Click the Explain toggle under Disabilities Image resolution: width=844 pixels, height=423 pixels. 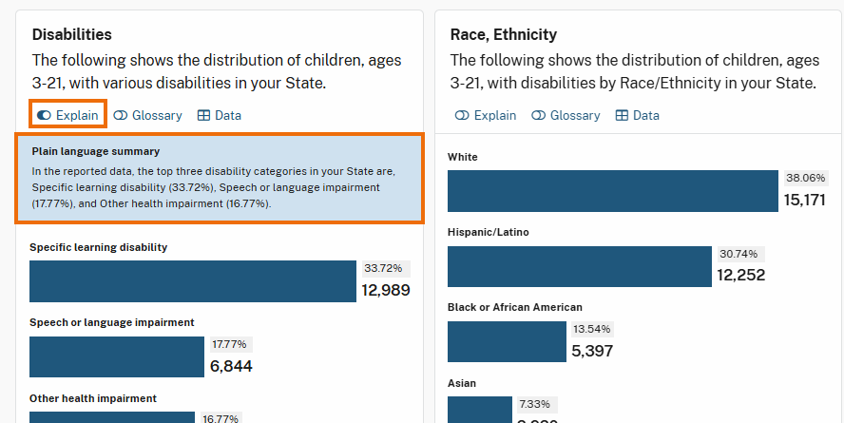(x=67, y=115)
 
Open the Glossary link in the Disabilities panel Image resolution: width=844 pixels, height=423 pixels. (x=147, y=115)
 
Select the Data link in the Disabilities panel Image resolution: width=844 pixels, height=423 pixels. (x=220, y=115)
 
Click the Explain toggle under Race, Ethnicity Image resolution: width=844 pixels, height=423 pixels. (x=486, y=115)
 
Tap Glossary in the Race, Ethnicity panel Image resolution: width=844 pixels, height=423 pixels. (x=566, y=115)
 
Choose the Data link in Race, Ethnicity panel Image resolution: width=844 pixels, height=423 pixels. (x=638, y=115)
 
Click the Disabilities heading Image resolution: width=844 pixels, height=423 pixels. (x=72, y=34)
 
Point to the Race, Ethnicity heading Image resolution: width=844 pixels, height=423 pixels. (x=504, y=34)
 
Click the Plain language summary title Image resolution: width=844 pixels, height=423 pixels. (x=95, y=150)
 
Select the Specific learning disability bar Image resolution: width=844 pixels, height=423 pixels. (x=193, y=281)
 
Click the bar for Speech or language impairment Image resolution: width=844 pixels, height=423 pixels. (x=116, y=356)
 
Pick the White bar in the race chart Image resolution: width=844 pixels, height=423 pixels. (x=612, y=191)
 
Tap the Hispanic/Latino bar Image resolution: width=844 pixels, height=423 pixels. (x=579, y=266)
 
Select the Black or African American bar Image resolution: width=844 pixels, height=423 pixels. (x=506, y=341)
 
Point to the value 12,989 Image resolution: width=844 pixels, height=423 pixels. (x=386, y=290)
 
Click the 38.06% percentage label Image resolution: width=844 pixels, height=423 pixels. (x=805, y=178)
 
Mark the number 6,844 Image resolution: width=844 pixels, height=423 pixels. (x=231, y=366)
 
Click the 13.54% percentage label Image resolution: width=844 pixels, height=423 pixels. (x=593, y=329)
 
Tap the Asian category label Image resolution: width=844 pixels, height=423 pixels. (x=462, y=383)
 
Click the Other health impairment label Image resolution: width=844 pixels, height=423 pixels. (x=93, y=398)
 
